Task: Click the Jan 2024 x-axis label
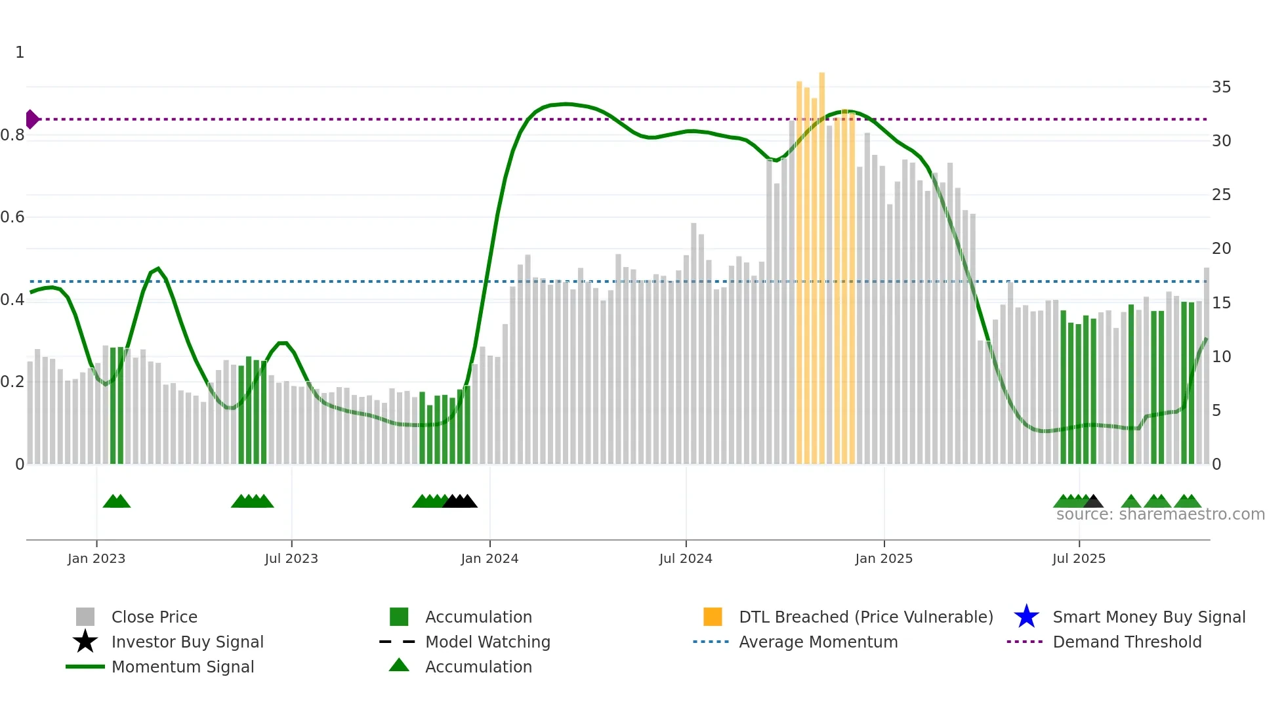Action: (489, 558)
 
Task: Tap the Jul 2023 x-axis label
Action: (291, 558)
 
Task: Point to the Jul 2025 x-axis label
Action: (1079, 558)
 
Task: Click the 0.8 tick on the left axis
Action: (12, 135)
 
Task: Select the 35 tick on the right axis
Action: (1221, 87)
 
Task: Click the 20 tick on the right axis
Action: (1221, 249)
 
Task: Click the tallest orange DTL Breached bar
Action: (821, 262)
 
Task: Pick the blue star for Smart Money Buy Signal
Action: (1026, 617)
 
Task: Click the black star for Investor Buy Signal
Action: (85, 642)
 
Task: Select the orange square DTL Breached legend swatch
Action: (713, 617)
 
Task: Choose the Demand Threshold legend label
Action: (1127, 642)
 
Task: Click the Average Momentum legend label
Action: (818, 642)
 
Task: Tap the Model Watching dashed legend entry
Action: (398, 642)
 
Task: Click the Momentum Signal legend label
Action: (182, 667)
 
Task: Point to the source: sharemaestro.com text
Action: (1160, 514)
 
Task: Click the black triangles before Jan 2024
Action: (460, 501)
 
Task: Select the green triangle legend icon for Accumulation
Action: (399, 665)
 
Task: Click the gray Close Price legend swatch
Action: (85, 617)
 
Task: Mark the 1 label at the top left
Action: (20, 52)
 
